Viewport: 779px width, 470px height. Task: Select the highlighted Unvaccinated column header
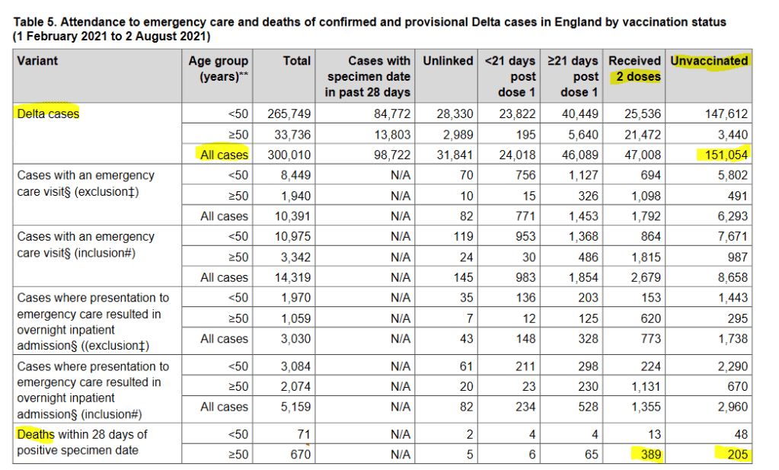tap(709, 60)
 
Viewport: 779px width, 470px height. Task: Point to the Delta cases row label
tap(48, 114)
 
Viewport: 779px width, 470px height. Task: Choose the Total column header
tap(297, 60)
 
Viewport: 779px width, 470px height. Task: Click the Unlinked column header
tap(448, 60)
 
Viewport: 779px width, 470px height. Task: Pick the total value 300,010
tap(289, 155)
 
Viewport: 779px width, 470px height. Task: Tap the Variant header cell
tap(37, 60)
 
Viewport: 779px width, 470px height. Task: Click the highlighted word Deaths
tap(36, 434)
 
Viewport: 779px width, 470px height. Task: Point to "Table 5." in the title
tap(37, 23)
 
